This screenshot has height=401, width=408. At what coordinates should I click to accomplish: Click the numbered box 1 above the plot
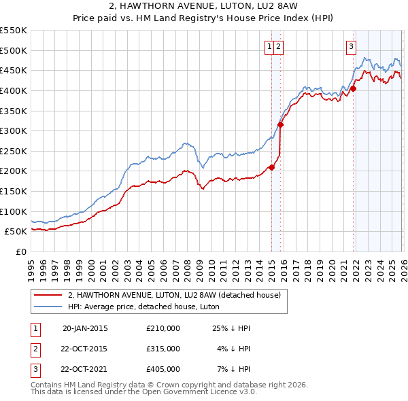click(x=270, y=46)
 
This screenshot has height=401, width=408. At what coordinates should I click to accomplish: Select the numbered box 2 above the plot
click(x=279, y=46)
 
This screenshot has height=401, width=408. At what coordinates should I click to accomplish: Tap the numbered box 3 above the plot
click(x=351, y=46)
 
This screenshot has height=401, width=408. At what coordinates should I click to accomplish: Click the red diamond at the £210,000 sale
click(x=271, y=167)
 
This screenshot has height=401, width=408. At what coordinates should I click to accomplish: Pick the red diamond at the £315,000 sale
click(x=280, y=124)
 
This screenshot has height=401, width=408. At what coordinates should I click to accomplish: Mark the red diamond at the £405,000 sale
click(x=354, y=88)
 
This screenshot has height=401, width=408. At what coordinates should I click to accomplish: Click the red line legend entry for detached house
click(x=178, y=295)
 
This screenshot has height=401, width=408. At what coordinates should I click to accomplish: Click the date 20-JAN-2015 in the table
click(x=84, y=328)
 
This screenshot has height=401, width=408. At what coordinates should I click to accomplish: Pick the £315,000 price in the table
click(x=163, y=349)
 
